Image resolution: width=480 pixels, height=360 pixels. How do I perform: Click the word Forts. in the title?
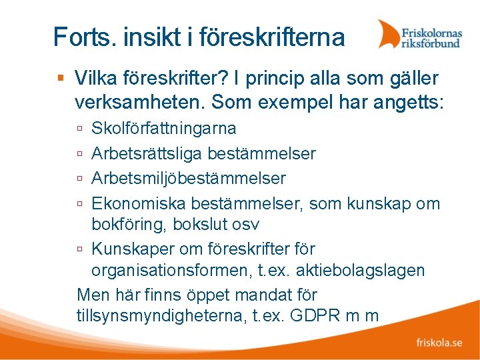coord(77,37)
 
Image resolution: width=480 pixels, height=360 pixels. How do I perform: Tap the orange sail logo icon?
coord(389,33)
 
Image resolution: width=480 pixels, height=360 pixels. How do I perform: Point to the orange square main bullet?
coord(61,79)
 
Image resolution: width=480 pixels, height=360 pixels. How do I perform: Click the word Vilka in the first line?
coord(93,79)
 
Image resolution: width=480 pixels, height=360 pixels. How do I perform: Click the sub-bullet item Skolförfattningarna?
coord(163,128)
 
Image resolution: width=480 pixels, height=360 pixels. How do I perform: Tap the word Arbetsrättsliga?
coord(146,153)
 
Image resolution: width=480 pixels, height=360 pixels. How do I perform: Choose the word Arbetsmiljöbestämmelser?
coord(188,179)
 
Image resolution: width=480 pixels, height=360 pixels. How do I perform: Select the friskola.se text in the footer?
coord(439,343)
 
